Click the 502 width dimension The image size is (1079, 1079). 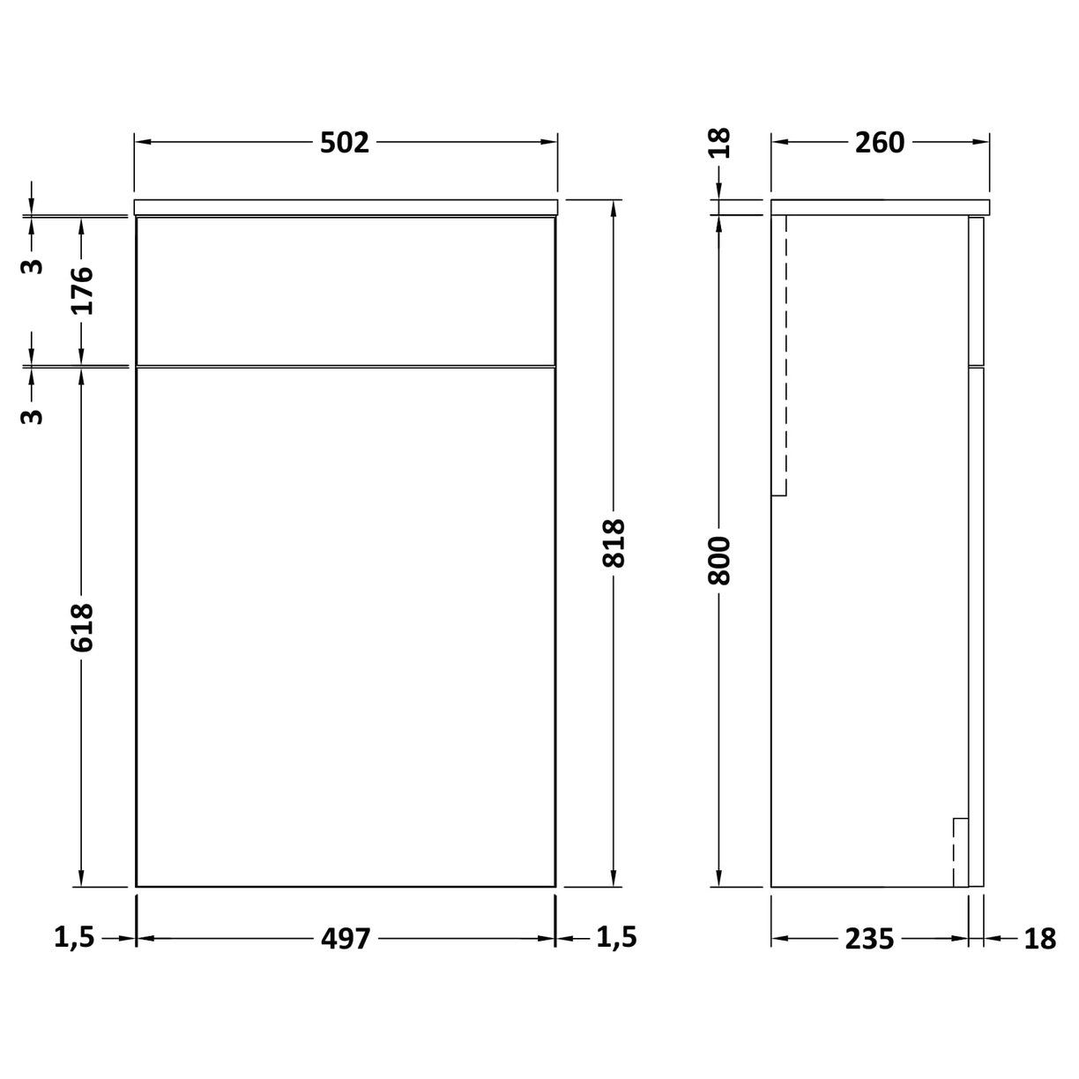point(345,142)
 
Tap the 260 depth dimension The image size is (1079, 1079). point(879,142)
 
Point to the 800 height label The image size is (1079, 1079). point(720,560)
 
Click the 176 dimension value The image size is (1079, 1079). point(81,290)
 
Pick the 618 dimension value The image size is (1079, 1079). point(81,628)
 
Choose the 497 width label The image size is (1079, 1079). point(345,938)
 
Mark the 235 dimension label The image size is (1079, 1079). point(869,938)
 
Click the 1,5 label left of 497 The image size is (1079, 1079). point(74,938)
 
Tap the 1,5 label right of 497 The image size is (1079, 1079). point(616,938)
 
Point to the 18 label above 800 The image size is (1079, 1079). point(720,142)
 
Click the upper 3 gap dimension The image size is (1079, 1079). point(32,265)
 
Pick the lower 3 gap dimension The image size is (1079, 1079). point(32,414)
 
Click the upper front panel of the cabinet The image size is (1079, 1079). point(345,290)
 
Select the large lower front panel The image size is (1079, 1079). point(345,626)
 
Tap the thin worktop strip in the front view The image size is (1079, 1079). point(345,207)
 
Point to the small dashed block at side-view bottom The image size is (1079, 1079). point(960,852)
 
